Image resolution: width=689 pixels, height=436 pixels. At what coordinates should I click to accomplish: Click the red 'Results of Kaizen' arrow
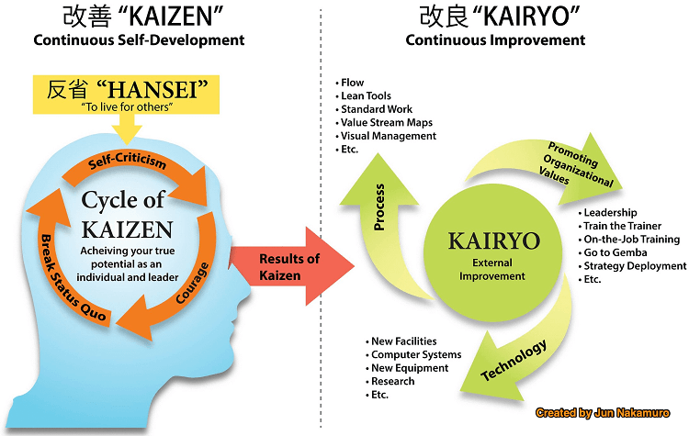pos(291,266)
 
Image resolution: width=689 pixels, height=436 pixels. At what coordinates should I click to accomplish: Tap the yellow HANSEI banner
pos(126,95)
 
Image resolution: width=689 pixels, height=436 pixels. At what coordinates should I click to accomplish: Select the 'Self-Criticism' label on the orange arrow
pos(128,162)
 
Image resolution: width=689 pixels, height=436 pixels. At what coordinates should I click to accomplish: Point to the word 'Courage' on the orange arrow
pos(192,283)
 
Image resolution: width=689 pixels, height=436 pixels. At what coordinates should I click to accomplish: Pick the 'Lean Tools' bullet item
pos(364,95)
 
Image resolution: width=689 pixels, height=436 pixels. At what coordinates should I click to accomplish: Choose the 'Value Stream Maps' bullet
pos(384,122)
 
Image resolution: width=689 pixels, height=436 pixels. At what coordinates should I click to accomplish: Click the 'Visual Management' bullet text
pos(386,136)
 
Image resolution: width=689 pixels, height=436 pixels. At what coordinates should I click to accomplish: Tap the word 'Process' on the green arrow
pos(378,207)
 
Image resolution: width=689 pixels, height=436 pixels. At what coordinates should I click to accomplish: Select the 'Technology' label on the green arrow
pos(514,360)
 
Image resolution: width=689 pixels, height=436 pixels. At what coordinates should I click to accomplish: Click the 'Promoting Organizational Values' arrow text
pos(575,164)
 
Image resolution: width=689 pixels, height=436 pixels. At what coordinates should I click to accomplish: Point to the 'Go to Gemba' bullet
pos(613,252)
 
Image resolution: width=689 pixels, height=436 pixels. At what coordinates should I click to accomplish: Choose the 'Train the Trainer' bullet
pos(619,226)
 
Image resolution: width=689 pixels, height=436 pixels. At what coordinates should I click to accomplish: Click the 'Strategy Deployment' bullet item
pos(632,266)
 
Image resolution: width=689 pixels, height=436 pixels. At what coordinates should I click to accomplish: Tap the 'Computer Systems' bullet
pos(413,354)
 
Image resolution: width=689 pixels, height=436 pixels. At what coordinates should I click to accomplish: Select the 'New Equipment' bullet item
pos(407,368)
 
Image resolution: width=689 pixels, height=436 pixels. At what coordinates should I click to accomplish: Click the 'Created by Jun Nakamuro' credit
pos(603,413)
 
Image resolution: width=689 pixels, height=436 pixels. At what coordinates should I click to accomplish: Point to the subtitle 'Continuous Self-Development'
pos(139,40)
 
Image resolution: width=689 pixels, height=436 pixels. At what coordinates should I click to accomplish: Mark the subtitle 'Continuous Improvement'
pos(495,40)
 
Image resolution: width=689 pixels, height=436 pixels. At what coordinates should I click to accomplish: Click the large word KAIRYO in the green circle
pos(494,240)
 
